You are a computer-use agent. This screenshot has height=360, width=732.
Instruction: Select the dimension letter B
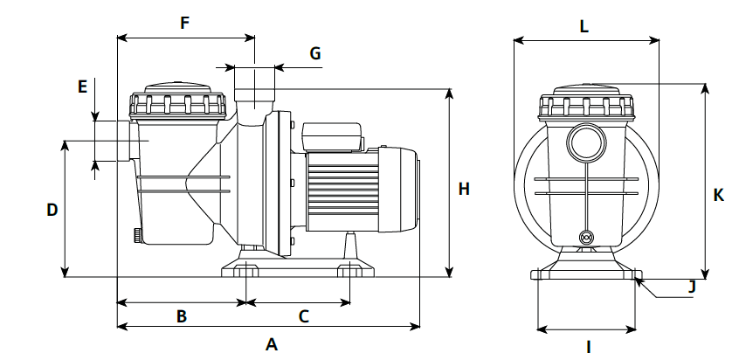182,316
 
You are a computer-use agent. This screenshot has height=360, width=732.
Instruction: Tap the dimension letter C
304,316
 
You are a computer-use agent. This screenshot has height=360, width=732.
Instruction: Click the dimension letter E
82,87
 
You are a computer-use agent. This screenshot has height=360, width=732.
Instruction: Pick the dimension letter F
184,24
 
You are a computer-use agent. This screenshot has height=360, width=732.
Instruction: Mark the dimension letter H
464,189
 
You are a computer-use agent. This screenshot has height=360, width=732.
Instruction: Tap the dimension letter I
588,347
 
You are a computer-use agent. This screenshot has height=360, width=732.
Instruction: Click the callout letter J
691,286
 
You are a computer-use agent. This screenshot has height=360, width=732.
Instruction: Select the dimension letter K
718,195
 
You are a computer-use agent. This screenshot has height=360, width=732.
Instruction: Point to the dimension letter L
584,26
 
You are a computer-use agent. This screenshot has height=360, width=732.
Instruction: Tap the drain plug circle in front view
586,237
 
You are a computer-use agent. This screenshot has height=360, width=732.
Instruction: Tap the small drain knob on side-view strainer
137,235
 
